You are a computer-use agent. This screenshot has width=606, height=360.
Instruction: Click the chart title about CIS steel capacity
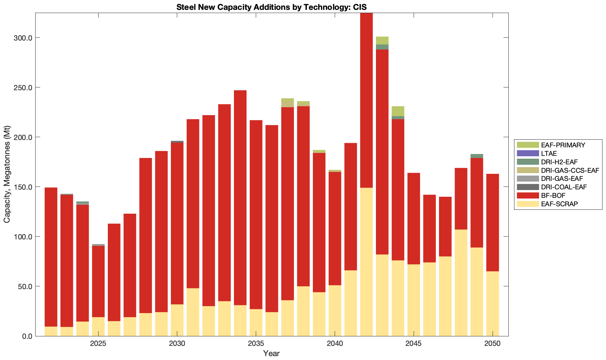click(271, 7)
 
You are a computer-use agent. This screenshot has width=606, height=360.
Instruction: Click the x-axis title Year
click(271, 353)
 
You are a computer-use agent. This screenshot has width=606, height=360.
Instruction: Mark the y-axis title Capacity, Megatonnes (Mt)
click(7, 174)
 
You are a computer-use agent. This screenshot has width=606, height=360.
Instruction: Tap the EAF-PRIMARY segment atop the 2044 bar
click(398, 111)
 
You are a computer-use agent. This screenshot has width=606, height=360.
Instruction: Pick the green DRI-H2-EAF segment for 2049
click(477, 156)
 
